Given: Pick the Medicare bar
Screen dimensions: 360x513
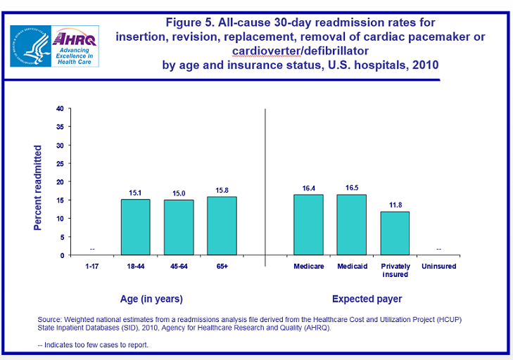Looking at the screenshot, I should coord(308,224).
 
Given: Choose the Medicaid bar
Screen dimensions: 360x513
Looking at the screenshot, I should coord(352,224).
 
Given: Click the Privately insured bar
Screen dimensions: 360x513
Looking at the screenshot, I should coord(395,233).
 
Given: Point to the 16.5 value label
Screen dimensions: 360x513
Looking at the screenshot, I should coord(352,188).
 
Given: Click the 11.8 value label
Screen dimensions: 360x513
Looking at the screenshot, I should coord(395,205).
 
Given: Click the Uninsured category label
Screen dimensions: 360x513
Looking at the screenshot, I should coord(438,266).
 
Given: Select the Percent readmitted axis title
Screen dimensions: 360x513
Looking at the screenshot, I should coord(38,188).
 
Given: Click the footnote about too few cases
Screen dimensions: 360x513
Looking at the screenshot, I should coord(93,345).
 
